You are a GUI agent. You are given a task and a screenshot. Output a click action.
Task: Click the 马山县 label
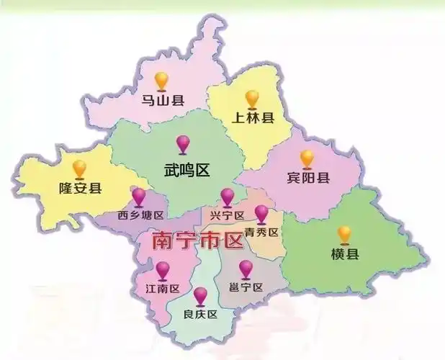[162, 101]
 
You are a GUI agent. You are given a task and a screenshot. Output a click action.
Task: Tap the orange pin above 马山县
[162, 79]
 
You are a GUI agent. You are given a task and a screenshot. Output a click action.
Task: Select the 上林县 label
[252, 118]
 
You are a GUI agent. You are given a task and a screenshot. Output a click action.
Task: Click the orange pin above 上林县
[251, 97]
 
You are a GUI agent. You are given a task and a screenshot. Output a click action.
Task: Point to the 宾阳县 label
[307, 178]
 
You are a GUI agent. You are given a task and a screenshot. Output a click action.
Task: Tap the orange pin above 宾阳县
[307, 157]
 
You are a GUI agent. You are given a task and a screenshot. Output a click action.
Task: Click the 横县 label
[345, 254]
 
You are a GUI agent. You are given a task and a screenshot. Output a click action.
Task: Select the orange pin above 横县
[344, 233]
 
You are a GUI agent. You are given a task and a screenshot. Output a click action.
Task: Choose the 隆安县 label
[80, 189]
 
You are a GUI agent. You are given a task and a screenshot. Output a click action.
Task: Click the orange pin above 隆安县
[79, 168]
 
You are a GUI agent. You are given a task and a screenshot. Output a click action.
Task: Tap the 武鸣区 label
[186, 171]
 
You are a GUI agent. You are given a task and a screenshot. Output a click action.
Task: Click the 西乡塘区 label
[141, 215]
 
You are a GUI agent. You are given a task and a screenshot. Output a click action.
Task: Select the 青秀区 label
[261, 232]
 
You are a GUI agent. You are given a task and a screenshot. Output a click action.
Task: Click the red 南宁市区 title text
[197, 240]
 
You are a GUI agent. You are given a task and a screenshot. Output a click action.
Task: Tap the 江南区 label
[162, 289]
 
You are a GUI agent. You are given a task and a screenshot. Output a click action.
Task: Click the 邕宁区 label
[246, 287]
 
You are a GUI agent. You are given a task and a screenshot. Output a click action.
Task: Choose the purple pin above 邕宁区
[246, 268]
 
